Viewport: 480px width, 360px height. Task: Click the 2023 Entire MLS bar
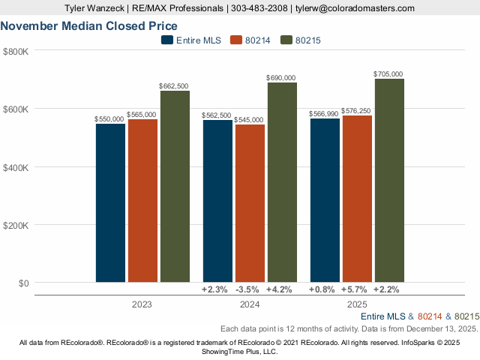(110, 202)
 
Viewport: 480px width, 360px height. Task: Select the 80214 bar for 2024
(250, 203)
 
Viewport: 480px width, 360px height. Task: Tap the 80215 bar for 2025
(389, 180)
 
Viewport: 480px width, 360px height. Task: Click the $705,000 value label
(388, 73)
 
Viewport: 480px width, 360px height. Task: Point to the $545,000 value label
(249, 119)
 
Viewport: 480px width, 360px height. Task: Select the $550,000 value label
(109, 118)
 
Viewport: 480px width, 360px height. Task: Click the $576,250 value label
(356, 110)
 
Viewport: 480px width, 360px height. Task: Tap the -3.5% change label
(249, 289)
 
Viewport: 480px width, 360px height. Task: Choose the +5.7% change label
(356, 289)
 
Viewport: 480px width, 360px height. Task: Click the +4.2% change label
(281, 289)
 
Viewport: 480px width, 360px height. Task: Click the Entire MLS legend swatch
(166, 40)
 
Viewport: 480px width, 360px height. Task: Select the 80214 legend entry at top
(252, 40)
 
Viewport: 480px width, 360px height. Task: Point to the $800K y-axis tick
(16, 51)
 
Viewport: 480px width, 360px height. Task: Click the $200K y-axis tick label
(16, 225)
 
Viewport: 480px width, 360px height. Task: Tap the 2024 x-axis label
(249, 304)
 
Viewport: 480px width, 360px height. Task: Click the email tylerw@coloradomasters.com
(355, 8)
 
